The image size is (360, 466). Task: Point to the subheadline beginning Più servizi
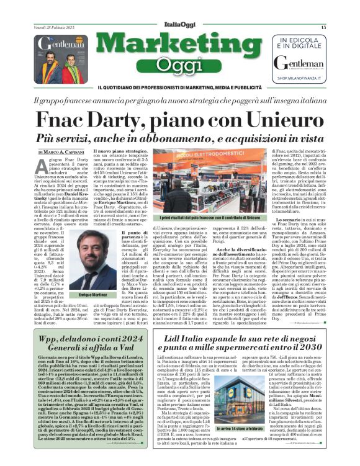click(179, 137)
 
